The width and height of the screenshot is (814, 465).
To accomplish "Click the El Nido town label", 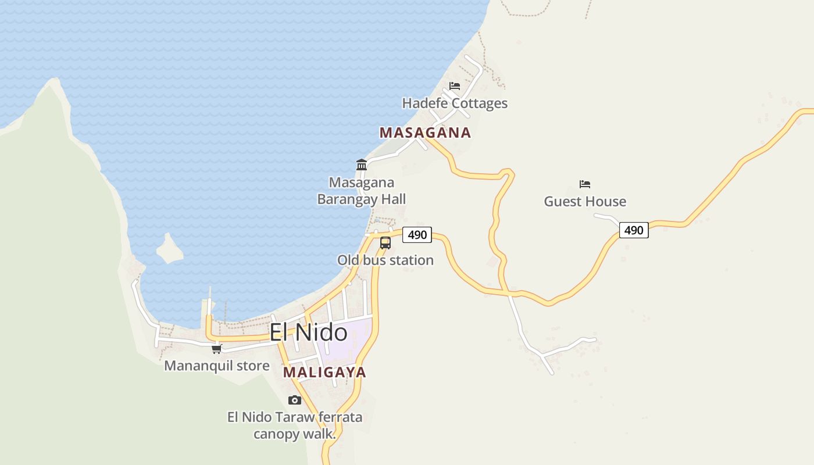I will point(308,332).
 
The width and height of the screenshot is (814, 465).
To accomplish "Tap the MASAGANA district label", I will point(425,133).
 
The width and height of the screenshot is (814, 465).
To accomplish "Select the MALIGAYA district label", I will point(324,372).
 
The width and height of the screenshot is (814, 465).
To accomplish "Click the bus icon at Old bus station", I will point(385,243).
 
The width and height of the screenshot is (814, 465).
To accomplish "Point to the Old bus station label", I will point(385,260).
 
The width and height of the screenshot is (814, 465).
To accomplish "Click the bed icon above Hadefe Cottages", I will point(455,86).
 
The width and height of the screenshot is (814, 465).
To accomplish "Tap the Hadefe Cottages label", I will point(455,103).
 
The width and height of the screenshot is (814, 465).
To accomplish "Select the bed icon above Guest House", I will point(585,184).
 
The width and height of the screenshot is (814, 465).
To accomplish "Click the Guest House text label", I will point(585,202).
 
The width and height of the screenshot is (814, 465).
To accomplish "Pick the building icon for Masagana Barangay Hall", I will point(362,165).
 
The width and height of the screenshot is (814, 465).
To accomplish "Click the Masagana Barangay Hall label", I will point(362,191).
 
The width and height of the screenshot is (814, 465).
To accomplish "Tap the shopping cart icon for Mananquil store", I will point(217,349).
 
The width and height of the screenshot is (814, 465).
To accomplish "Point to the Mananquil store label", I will point(217,366).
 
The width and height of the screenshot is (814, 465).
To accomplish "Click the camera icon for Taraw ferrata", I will point(295,400).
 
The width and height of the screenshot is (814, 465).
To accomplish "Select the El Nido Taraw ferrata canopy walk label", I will point(295,425).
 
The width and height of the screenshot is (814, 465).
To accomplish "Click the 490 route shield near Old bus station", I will point(417,235).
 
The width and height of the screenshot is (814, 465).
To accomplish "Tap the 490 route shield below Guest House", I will point(633,230).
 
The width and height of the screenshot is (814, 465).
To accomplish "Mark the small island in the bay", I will point(169,248).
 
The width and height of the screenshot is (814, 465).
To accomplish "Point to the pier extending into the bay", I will point(209,305).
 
